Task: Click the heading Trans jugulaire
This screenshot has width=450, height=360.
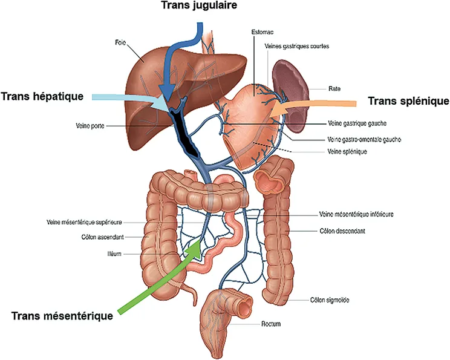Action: pyautogui.click(x=198, y=6)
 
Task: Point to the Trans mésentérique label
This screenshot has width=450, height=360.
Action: pyautogui.click(x=62, y=316)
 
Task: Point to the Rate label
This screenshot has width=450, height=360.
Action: pyautogui.click(x=334, y=88)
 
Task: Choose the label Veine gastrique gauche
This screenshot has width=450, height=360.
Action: pyautogui.click(x=356, y=123)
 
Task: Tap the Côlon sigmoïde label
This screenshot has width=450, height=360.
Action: pyautogui.click(x=330, y=299)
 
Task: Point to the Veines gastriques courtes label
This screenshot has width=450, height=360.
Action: pyautogui.click(x=296, y=46)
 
